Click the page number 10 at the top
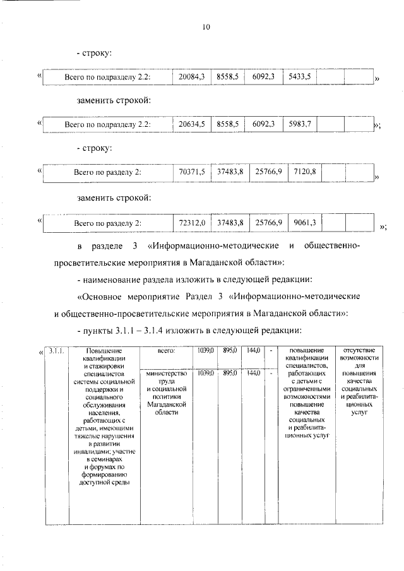point(206,26)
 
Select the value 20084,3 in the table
point(192,76)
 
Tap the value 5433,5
point(299,76)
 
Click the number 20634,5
point(192,124)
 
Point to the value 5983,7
point(299,124)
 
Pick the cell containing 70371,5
point(192,172)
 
